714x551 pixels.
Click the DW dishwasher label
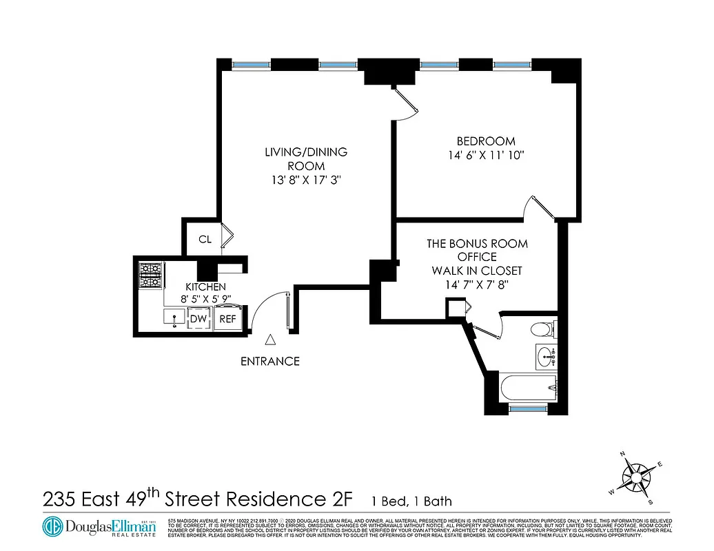tap(198, 319)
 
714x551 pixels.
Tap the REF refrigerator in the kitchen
tap(227, 319)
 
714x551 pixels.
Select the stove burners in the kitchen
tap(150, 275)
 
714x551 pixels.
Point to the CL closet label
tap(205, 240)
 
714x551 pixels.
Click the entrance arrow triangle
tap(271, 339)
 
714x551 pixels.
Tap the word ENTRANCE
tap(270, 361)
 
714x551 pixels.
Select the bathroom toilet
tap(544, 329)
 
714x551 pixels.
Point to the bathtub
tap(528, 388)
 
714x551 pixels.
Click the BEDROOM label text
tap(486, 142)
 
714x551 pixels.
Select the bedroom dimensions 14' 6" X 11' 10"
tap(486, 156)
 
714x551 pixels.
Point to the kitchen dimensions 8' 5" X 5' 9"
tap(205, 300)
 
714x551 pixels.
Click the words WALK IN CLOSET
tap(477, 270)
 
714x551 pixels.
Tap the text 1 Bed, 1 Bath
tap(411, 501)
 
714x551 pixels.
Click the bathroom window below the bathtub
tap(528, 409)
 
